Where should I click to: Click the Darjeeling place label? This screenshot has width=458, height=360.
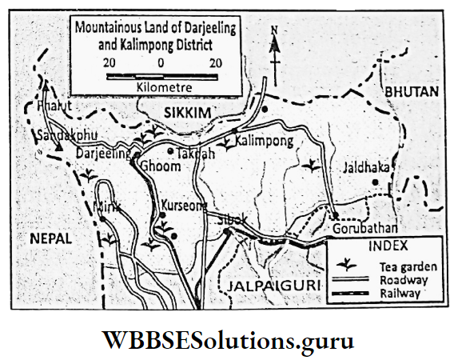pos(102,153)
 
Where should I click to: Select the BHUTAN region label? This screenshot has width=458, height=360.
pos(412,93)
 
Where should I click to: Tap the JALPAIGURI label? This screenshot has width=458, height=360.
pos(273,285)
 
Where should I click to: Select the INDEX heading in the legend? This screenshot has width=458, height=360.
pos(385,246)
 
